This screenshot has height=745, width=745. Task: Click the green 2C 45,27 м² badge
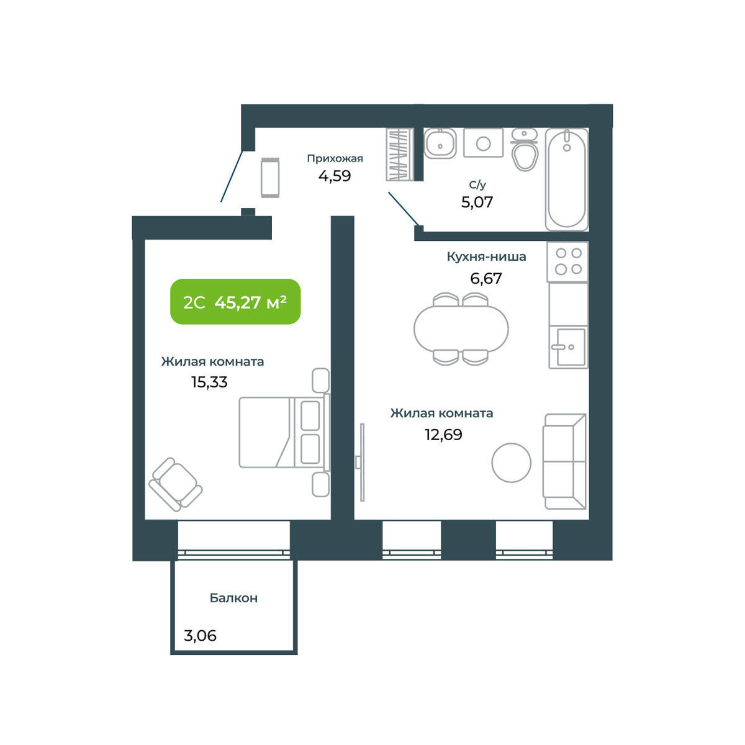235,302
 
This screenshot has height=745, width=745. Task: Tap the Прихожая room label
335,158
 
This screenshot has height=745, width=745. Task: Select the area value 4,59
335,176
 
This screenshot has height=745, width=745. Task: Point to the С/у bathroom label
477,185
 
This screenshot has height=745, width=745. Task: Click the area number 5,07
477,202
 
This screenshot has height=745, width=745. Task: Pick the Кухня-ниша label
486,256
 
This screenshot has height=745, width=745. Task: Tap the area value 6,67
486,278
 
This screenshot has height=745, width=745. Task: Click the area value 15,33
209,382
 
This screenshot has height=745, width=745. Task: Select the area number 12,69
443,435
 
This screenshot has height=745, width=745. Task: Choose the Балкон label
233,598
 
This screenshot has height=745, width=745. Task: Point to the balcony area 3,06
200,636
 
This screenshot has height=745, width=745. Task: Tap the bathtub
567,179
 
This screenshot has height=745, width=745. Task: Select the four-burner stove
567,262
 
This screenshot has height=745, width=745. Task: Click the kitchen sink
568,347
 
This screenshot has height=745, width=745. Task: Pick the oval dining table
461,329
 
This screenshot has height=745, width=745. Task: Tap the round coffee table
511,463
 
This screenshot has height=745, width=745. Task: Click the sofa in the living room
564,462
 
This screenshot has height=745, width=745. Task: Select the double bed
284,433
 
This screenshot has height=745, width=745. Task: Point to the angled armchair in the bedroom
176,484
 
